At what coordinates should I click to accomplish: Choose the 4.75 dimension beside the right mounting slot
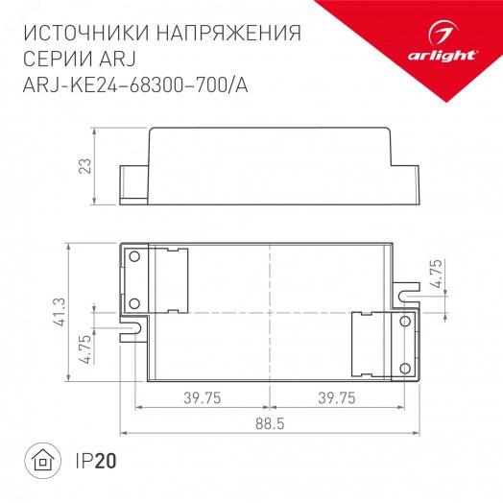pos(437,276)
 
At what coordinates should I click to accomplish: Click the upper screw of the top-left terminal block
pos(134,256)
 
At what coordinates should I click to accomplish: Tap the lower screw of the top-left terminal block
pos(134,303)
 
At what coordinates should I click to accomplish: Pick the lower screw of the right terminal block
pos(405,367)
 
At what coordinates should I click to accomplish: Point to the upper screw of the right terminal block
pos(405,322)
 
